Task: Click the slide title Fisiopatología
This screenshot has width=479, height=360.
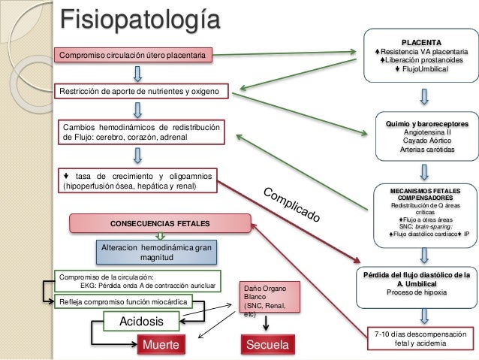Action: coord(140,20)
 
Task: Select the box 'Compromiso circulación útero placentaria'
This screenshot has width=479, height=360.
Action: coord(133,56)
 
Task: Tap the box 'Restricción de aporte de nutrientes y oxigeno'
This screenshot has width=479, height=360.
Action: coord(141,91)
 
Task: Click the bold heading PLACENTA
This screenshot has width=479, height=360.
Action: coord(421,43)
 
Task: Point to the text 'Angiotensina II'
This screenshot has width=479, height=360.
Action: coord(427,132)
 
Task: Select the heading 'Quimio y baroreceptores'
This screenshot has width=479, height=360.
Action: coord(426,124)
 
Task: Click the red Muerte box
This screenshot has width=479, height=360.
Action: coord(161,344)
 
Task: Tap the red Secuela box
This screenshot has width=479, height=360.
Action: coord(268,344)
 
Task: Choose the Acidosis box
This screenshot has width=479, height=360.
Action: coord(141,321)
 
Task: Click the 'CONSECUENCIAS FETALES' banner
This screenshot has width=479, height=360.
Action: coord(161,223)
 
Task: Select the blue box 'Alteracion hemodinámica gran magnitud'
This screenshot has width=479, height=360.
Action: coord(156,253)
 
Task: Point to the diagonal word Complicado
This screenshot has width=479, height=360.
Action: coord(291,204)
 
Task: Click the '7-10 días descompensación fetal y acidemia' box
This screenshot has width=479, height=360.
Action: coord(420,338)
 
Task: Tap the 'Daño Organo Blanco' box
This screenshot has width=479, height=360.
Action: coord(270,297)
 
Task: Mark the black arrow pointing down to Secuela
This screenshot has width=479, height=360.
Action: coord(266,323)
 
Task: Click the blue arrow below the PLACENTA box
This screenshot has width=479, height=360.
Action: coord(424,97)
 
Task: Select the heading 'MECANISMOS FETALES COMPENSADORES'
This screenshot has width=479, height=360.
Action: coord(425,194)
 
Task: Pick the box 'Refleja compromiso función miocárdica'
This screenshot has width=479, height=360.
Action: coord(123,302)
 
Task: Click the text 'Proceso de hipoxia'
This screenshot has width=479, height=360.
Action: coord(417,292)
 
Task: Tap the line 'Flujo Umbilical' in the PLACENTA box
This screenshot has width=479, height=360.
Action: coord(422,69)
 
